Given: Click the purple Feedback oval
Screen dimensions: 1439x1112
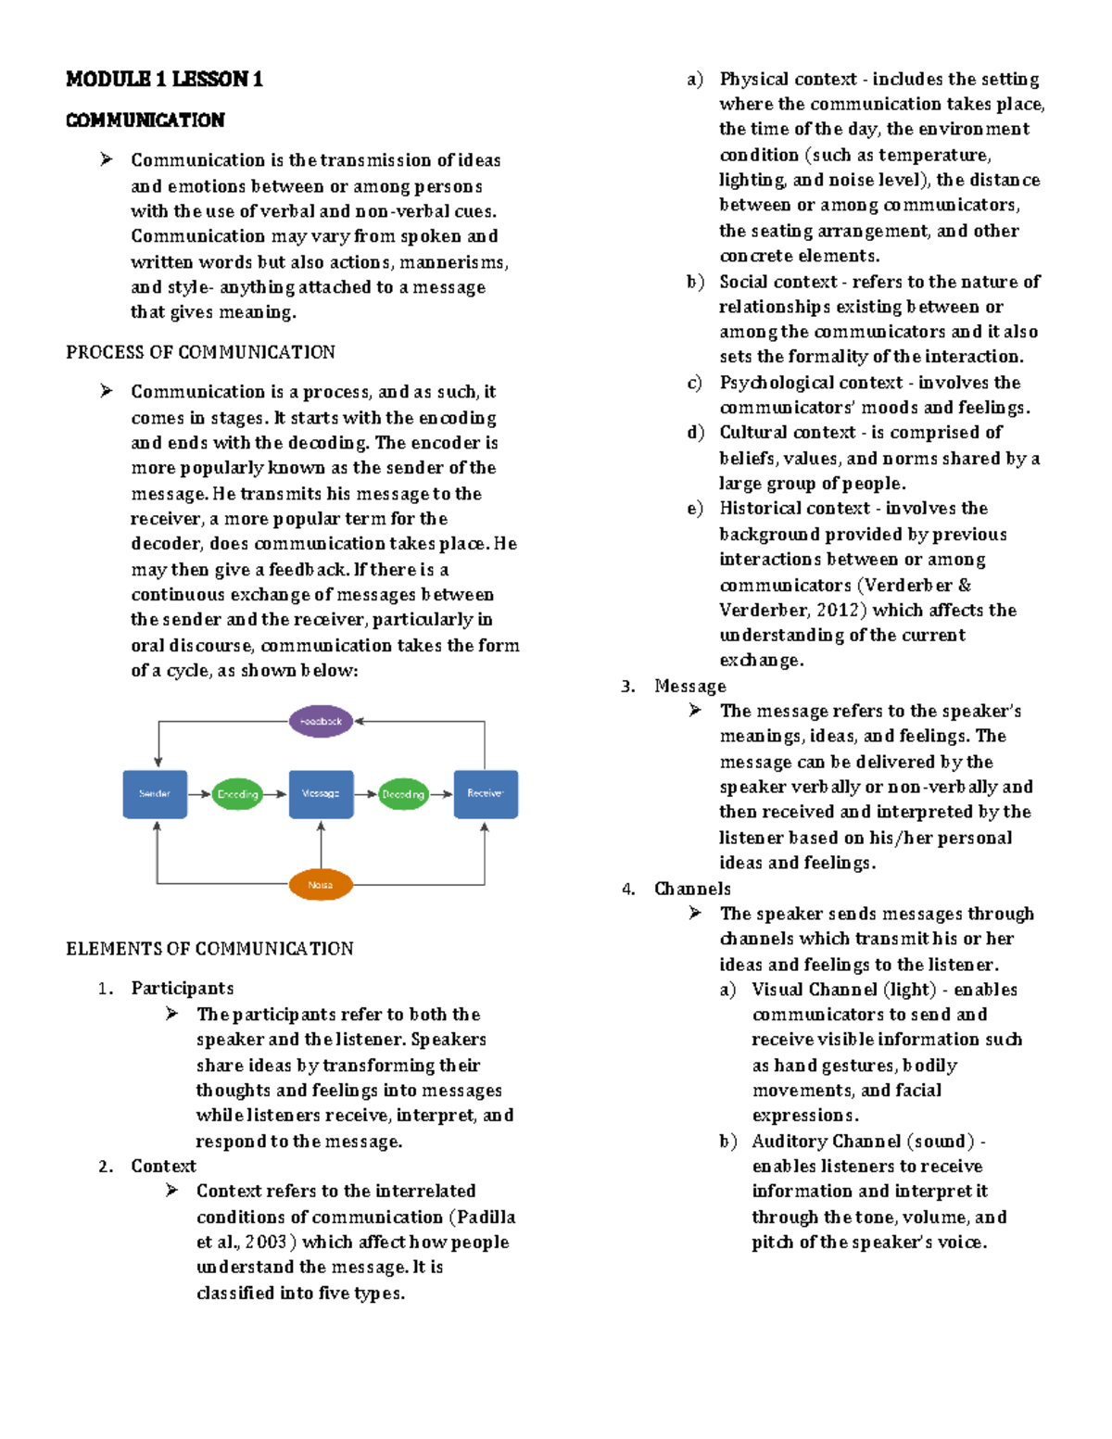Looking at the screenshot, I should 321,721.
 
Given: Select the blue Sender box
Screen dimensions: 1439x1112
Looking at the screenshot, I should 155,794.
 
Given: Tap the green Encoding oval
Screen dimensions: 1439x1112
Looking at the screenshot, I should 237,794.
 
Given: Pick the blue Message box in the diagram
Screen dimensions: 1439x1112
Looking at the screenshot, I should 321,794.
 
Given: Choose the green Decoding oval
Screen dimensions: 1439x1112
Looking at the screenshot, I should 403,794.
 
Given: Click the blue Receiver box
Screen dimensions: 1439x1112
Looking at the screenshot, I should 486,794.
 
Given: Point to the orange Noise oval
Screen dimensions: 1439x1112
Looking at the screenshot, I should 321,885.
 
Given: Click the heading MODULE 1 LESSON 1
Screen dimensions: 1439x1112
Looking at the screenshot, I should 164,80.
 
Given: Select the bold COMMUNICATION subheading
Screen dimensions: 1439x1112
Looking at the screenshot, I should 145,120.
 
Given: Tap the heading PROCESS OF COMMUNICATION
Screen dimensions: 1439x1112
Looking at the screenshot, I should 200,352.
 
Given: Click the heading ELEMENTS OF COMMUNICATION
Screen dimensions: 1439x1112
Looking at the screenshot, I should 209,949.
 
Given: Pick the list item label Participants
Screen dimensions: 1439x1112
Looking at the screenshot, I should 183,989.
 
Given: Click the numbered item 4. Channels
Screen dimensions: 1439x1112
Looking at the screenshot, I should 692,889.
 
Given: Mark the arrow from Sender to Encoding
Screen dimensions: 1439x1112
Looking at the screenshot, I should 199,794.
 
